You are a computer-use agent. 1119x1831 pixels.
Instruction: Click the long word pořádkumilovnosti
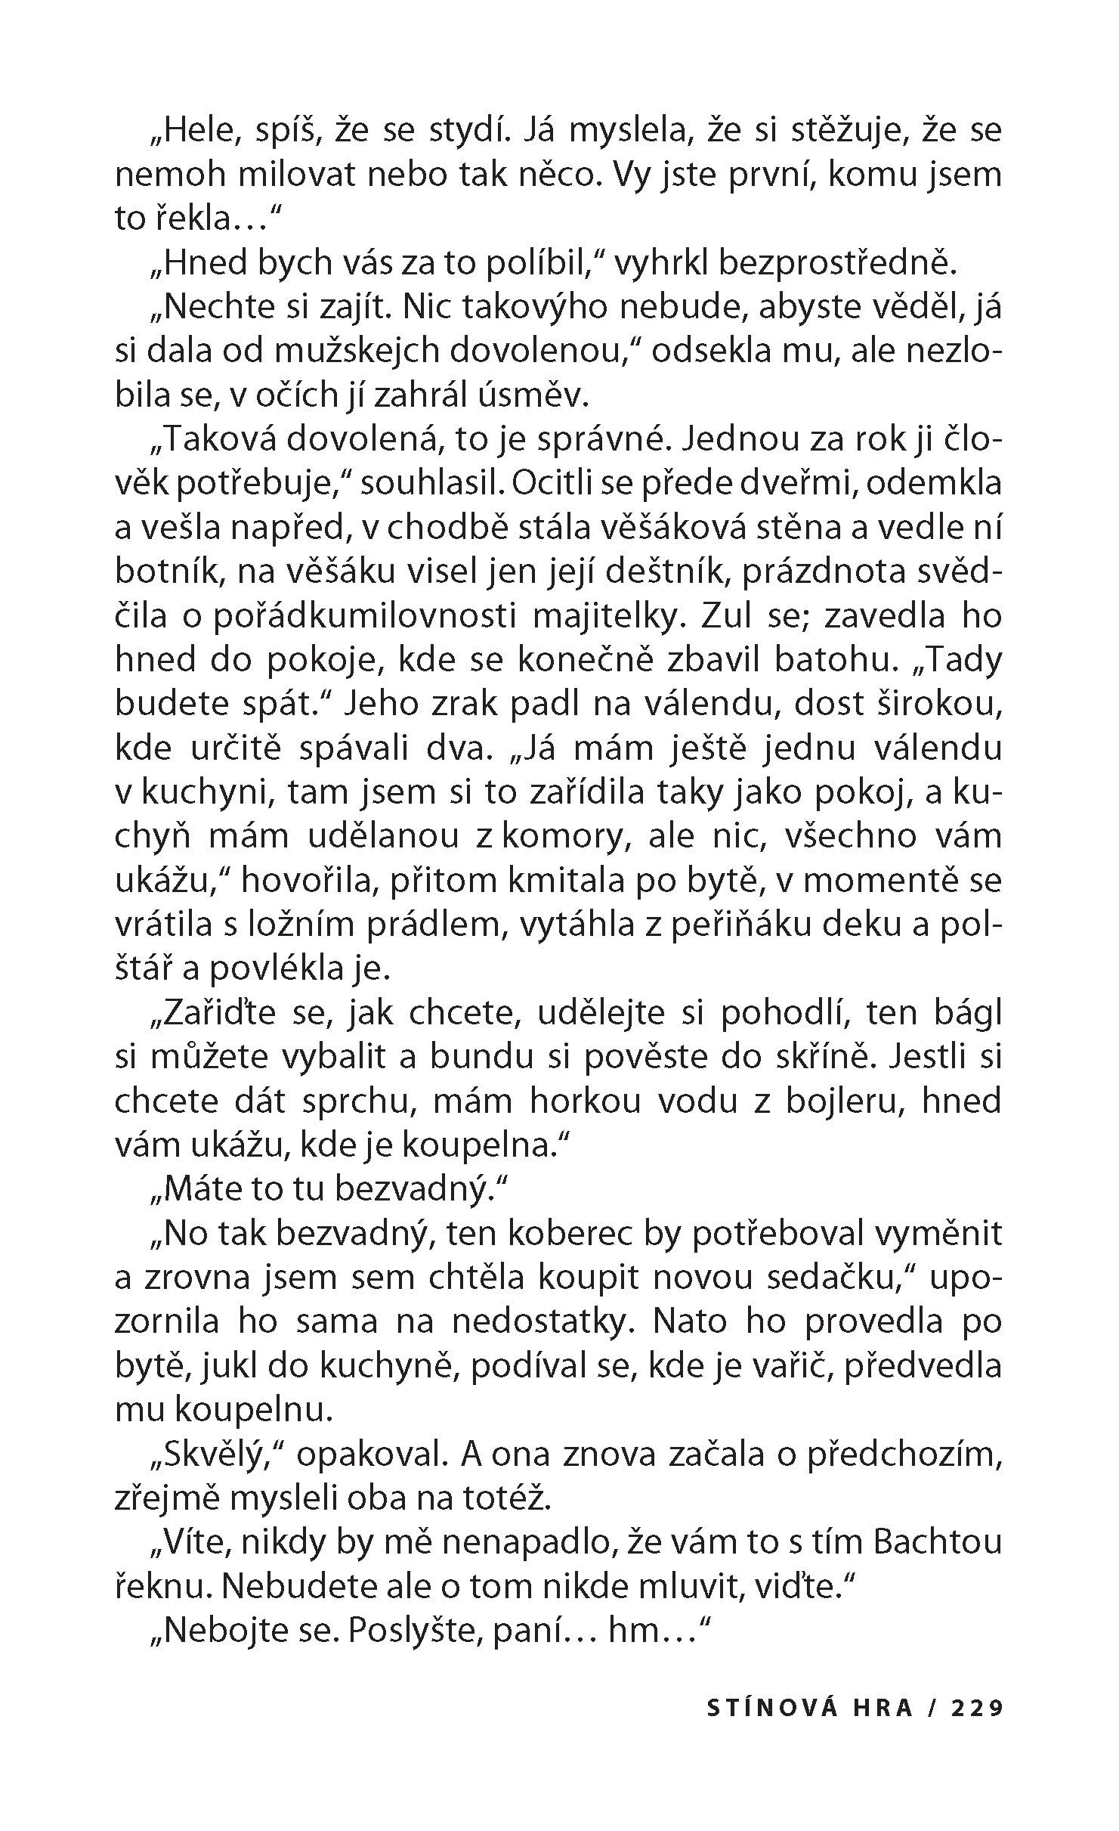(363, 615)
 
